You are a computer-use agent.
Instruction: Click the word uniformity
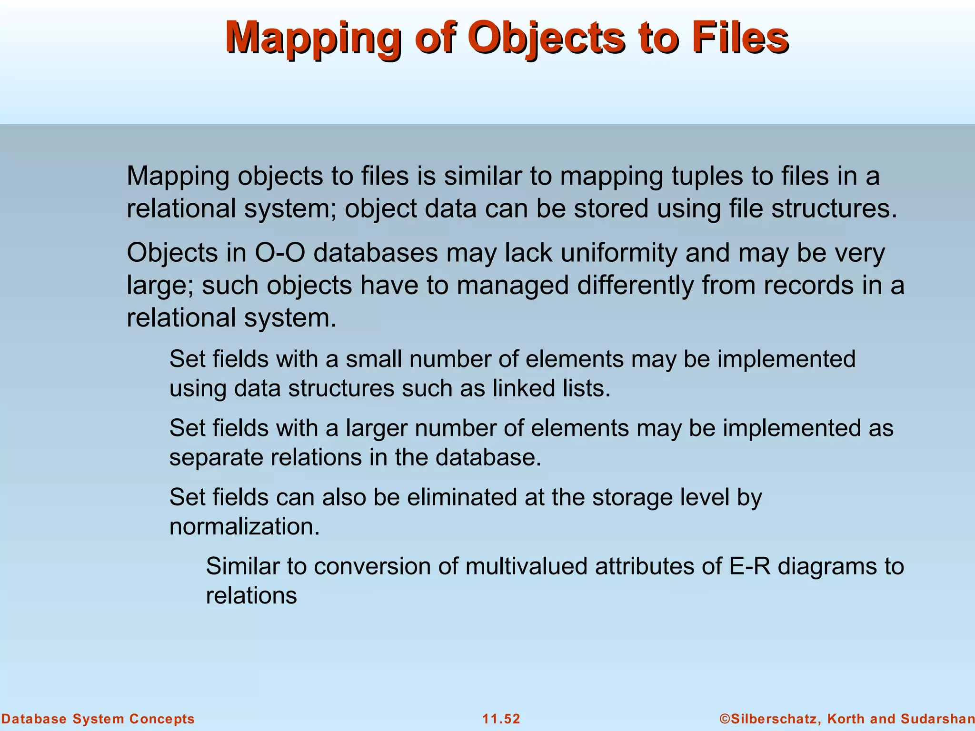coord(618,253)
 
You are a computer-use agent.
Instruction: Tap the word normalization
coord(244,527)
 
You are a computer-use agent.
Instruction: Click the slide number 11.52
coord(501,719)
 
